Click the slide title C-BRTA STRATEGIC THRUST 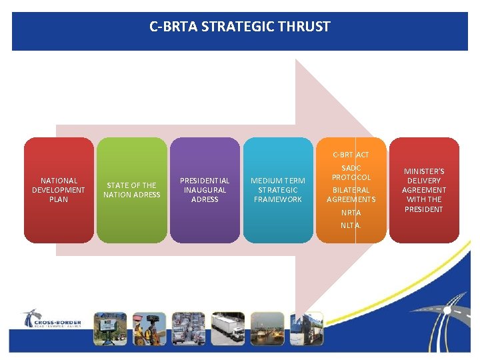point(240,27)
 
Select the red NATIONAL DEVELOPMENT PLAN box point(59,190)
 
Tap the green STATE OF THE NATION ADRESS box point(132,190)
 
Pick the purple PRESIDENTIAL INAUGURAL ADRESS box point(205,190)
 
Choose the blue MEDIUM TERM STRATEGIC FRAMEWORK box point(277,190)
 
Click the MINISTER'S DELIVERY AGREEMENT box point(423,190)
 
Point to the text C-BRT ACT point(351,155)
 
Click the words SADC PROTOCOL point(351,173)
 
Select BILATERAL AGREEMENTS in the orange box point(351,195)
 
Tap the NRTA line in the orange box point(351,213)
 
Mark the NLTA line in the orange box point(351,225)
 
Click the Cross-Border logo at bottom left point(51,319)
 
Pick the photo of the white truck point(228,328)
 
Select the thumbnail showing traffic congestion point(189,328)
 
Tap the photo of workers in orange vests point(149,328)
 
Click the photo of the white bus point(307,328)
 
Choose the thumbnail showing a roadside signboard point(110,328)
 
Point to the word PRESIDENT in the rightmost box point(424,209)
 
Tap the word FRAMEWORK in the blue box point(278,199)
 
